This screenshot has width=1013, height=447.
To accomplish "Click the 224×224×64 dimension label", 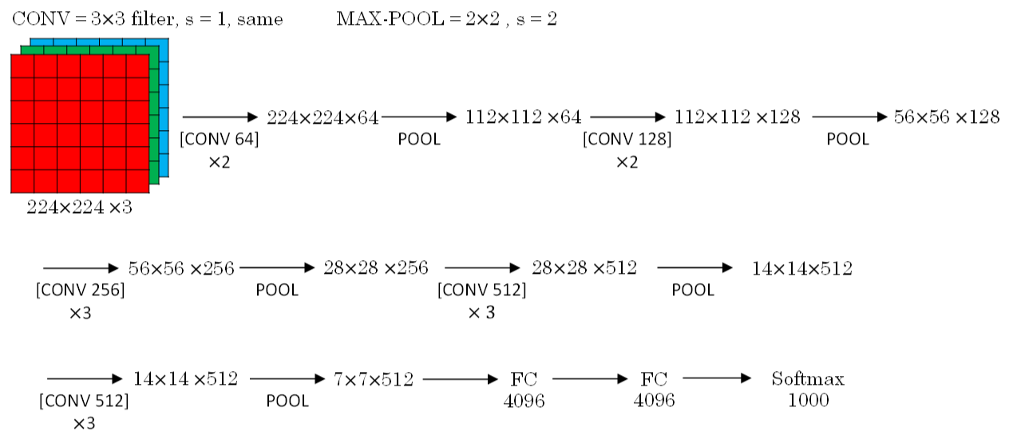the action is tap(322, 117).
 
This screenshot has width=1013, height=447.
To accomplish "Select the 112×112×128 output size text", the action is tap(737, 117).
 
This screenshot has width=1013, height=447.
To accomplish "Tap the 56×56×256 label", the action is tap(181, 268).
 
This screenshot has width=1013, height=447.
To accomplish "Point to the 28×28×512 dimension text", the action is tap(584, 268).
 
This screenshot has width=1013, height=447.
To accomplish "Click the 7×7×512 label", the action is tap(374, 379).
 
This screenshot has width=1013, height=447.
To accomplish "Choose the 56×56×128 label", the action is tap(947, 117).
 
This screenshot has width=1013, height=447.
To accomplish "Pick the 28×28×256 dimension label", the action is tap(375, 268).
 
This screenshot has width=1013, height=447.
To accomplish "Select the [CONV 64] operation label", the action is tap(220, 139).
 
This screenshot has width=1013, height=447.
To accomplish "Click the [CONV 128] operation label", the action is tap(627, 139).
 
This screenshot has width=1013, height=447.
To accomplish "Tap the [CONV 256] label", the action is tap(81, 290).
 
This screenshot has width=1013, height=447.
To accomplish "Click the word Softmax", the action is tap(808, 378).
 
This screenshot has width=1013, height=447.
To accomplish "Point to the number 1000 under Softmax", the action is tap(808, 400).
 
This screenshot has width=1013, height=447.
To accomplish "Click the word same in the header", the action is tap(259, 19).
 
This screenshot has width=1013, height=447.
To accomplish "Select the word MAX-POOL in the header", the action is tap(390, 18).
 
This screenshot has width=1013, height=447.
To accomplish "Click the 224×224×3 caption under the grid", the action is tap(79, 208).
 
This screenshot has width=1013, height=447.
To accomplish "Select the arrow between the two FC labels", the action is tap(590, 378).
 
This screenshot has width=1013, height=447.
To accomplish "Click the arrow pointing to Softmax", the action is tap(717, 378).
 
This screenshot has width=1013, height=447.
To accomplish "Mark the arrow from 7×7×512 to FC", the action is tap(460, 379).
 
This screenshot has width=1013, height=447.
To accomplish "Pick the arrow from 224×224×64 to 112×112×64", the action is tap(419, 117).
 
